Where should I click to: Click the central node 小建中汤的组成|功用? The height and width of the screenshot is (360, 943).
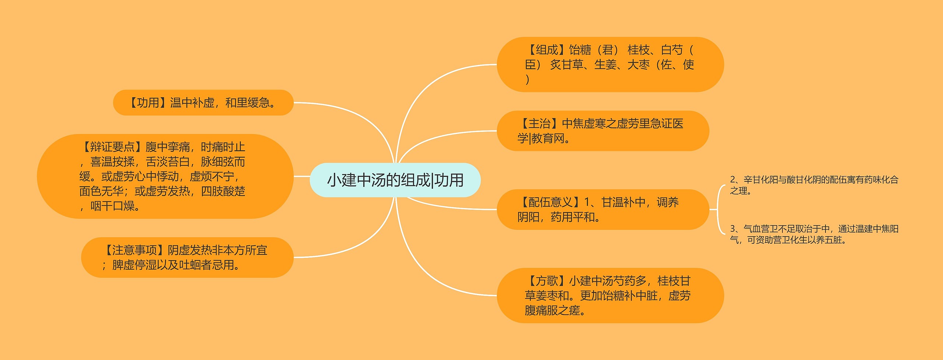coord(395,180)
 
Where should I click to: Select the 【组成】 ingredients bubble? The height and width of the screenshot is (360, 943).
coord(610,64)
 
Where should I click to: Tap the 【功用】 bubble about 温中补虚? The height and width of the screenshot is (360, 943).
coord(203,103)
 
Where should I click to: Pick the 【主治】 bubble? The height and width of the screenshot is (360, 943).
coord(603,131)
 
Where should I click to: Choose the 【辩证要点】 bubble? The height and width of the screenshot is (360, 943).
coord(165,176)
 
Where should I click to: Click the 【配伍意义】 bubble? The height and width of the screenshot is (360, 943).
coord(603,210)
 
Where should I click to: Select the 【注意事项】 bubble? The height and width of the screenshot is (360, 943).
coord(187,258)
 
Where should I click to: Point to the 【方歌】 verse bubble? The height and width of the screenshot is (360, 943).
coord(610,296)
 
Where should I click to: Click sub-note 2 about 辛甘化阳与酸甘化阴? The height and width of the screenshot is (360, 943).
coord(814,185)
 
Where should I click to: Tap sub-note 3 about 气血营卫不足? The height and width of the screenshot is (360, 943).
coord(814,234)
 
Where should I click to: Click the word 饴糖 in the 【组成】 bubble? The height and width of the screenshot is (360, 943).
coord(580,50)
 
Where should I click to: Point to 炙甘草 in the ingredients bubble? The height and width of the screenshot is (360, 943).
coord(567,65)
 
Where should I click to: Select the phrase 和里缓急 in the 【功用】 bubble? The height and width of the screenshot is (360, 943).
coord(248,103)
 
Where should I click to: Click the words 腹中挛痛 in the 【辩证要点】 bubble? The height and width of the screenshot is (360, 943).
coord(168,147)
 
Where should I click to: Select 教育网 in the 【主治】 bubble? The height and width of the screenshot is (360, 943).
coord(548,139)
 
